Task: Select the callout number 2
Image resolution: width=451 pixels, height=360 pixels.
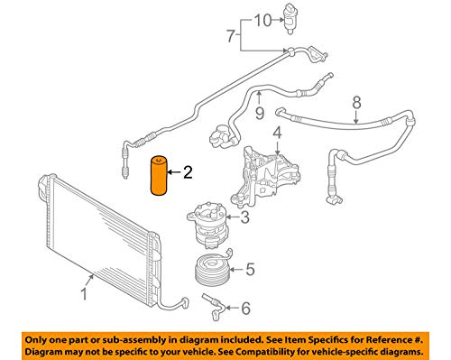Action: coord(188,171)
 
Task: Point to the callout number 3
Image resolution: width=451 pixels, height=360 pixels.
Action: coord(244,217)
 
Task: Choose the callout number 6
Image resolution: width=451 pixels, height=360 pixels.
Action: coord(229,36)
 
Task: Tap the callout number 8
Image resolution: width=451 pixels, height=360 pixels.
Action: coord(259,114)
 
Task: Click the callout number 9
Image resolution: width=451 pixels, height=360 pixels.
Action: coord(261,19)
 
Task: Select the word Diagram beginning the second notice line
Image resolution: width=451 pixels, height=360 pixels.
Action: coord(44,349)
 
